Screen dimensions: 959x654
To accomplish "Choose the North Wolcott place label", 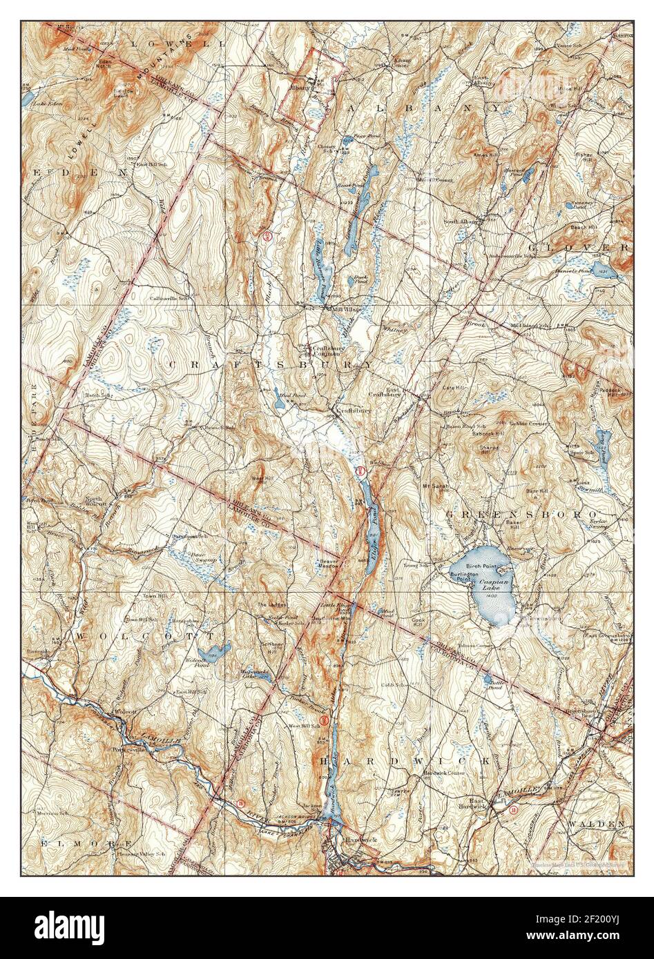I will [97, 502].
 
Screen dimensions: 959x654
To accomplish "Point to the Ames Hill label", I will [485, 156].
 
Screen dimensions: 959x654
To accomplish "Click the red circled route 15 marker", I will [240, 802].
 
